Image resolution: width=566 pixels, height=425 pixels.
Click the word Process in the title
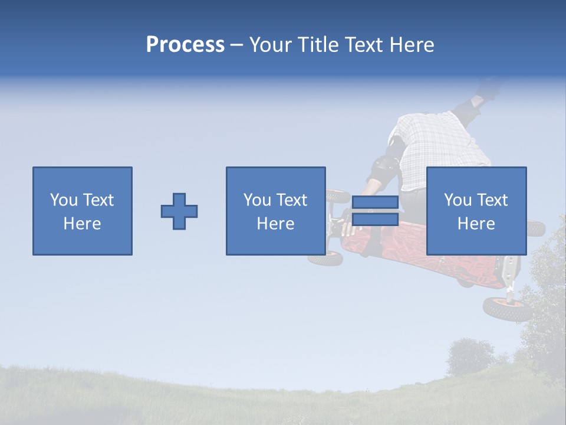click(185, 44)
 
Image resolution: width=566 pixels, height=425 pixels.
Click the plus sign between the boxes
click(179, 211)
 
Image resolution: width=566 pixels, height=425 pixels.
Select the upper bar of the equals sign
click(375, 202)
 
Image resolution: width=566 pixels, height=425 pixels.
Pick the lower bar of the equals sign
click(375, 220)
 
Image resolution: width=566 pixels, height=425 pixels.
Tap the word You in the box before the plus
click(64, 200)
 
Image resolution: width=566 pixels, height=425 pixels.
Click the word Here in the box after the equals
click(476, 224)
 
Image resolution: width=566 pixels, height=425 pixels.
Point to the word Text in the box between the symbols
click(292, 200)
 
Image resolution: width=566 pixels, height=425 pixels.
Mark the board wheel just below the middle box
click(325, 259)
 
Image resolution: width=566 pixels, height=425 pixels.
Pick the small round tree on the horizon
click(470, 355)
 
